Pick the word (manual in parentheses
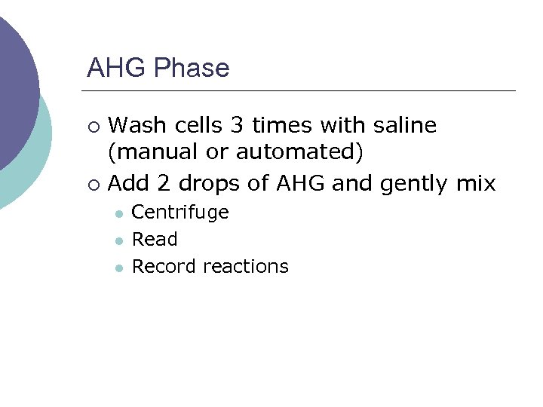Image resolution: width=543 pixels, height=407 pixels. click(x=147, y=153)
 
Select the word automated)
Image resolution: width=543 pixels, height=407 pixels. click(x=299, y=153)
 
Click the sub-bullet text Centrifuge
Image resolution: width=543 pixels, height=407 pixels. click(x=180, y=213)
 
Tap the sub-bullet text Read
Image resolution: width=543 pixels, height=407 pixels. click(x=155, y=240)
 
